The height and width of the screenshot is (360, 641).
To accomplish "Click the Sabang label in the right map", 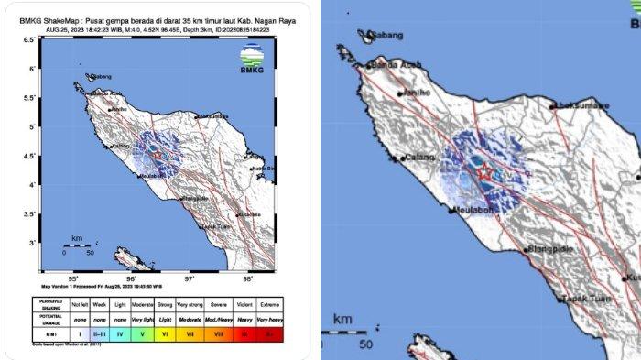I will pos(384,37).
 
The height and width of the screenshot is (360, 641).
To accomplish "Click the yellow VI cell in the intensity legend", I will pos(166,336).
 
